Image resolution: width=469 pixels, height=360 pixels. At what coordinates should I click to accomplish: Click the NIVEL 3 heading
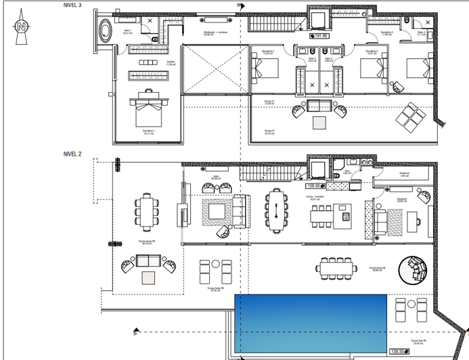click(x=73, y=5)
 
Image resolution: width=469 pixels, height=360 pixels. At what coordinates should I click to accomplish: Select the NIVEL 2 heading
click(x=73, y=154)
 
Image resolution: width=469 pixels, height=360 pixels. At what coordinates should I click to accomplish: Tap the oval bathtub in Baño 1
click(x=106, y=31)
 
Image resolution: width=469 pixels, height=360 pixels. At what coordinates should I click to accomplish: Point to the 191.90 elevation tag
click(x=319, y=37)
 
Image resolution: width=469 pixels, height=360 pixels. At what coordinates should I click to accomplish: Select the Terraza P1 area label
click(x=269, y=132)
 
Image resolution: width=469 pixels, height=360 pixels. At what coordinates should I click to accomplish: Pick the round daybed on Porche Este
click(x=413, y=271)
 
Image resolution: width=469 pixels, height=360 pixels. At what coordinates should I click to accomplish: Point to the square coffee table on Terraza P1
click(x=317, y=122)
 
